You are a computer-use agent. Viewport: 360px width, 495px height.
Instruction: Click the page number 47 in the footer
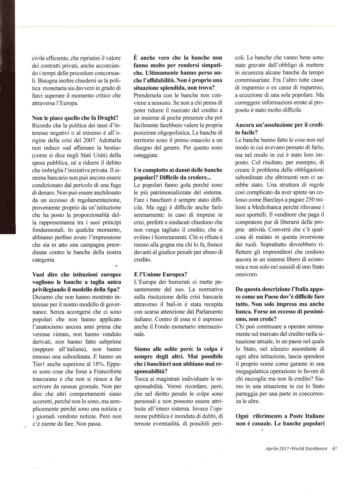(335, 448)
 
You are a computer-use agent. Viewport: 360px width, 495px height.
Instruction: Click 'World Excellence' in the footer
(310, 448)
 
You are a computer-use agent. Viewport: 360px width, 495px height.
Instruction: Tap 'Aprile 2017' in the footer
(277, 448)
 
